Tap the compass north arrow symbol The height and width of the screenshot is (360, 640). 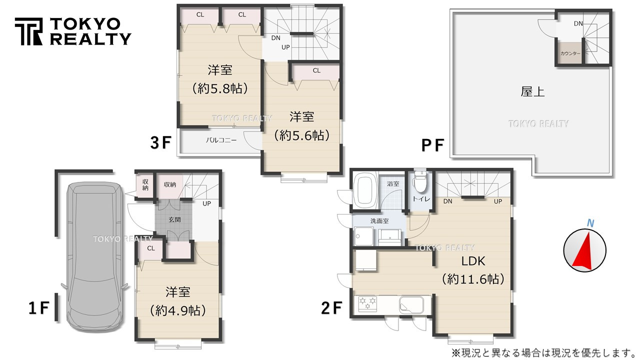(584, 248)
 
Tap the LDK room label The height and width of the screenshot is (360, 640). (472, 261)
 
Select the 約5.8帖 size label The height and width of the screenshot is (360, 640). (220, 88)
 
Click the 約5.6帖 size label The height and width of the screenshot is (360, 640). (301, 135)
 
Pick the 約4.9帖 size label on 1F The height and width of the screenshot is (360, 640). (178, 310)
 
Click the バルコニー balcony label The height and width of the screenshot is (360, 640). (220, 140)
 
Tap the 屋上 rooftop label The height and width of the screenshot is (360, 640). (532, 91)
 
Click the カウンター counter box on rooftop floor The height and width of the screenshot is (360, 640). (570, 53)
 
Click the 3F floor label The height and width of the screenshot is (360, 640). (161, 143)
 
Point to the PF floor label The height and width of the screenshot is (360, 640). (432, 145)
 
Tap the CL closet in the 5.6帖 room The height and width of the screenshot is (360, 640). (316, 71)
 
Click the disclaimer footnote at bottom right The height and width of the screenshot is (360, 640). (543, 353)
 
